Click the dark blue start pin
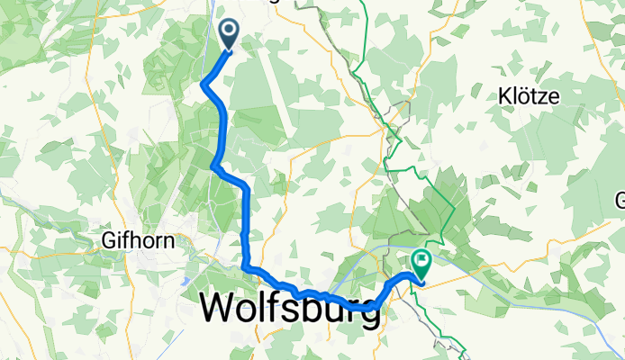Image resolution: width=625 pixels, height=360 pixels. (x=229, y=35)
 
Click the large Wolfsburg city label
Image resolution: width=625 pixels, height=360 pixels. (x=289, y=309)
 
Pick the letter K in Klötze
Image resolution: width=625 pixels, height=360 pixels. (x=505, y=94)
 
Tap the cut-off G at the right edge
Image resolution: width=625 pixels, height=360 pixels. (x=620, y=200)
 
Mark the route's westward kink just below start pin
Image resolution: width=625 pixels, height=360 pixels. (x=204, y=85)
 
